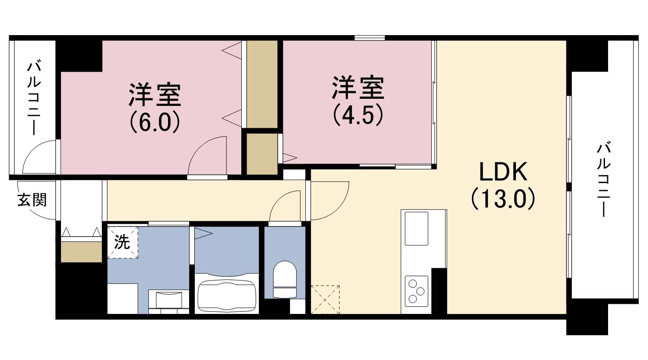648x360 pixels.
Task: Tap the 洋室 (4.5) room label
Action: click(x=358, y=100)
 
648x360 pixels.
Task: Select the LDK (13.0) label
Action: click(x=503, y=185)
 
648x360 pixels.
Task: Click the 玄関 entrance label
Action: click(x=32, y=201)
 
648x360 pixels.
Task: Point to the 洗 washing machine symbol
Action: click(x=122, y=242)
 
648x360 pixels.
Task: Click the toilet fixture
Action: click(x=285, y=280)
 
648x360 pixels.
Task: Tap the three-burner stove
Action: click(x=416, y=289)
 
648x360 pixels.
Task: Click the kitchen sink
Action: click(x=416, y=228)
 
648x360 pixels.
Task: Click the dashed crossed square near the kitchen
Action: click(x=325, y=299)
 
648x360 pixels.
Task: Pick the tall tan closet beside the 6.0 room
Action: click(x=262, y=84)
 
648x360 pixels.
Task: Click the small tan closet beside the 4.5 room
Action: click(x=261, y=154)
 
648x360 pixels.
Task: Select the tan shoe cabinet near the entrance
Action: click(x=81, y=251)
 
